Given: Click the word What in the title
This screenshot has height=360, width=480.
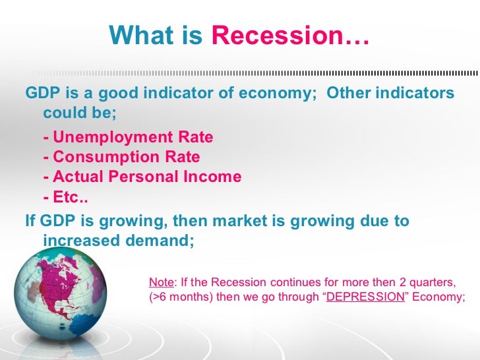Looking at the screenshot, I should (x=141, y=36).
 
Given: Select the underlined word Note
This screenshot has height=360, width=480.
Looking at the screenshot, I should (x=162, y=282).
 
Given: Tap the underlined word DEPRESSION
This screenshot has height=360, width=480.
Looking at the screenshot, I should (x=365, y=297).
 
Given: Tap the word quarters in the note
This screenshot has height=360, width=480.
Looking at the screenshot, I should (x=440, y=282).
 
